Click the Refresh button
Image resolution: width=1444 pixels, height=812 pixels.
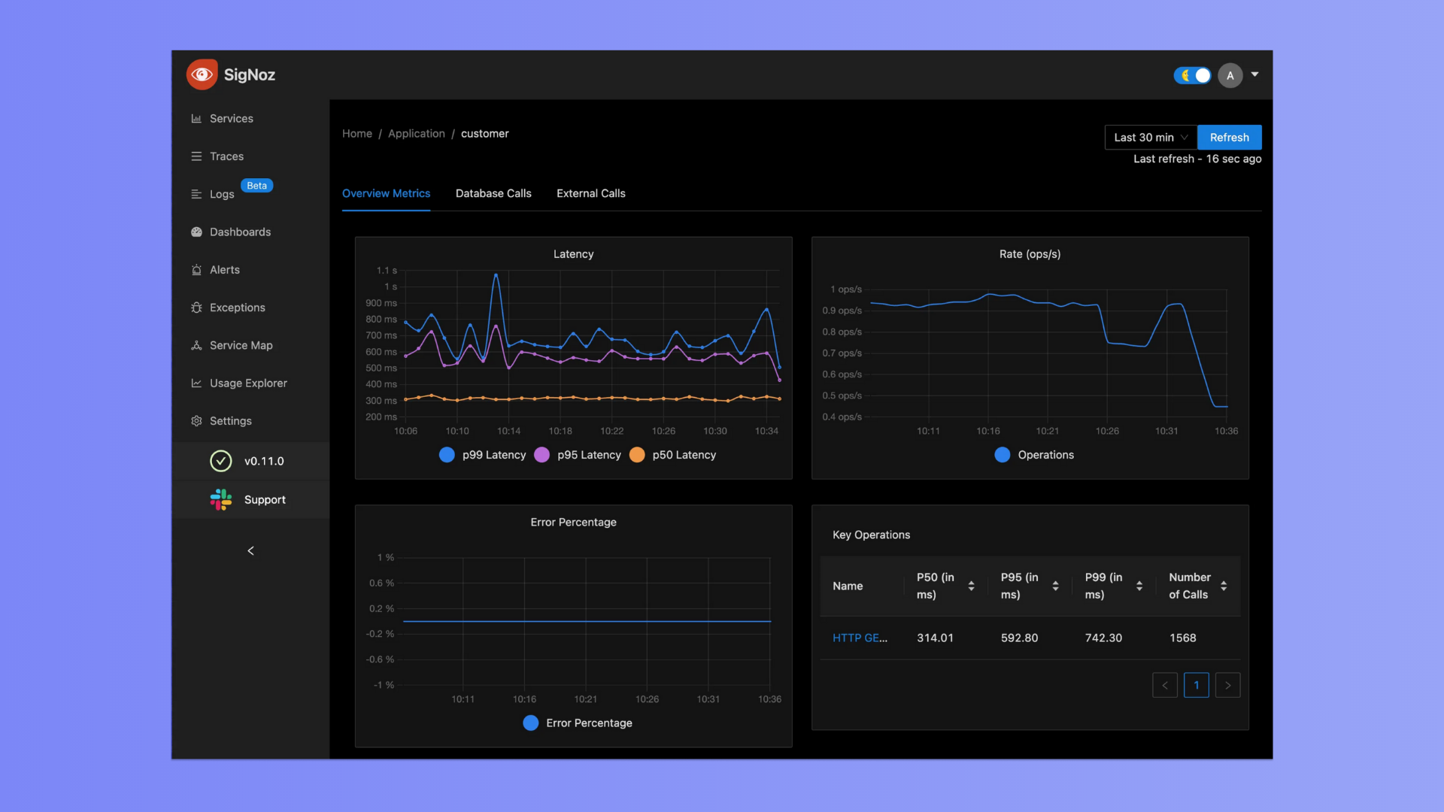[x=1229, y=138]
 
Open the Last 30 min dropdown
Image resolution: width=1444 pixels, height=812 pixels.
[x=1150, y=138]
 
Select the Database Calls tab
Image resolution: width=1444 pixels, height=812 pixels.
[x=493, y=193]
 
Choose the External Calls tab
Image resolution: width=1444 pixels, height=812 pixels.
[x=590, y=193]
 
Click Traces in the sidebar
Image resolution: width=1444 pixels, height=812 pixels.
[x=226, y=156]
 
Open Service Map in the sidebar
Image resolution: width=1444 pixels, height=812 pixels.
[x=241, y=345]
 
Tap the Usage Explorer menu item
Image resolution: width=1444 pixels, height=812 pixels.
[x=248, y=383]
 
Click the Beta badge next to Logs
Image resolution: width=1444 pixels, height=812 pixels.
[x=256, y=186]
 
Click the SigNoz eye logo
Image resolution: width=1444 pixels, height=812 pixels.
[x=202, y=74]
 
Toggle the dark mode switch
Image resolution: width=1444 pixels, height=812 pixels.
[x=1192, y=75]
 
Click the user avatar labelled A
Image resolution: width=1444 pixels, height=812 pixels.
[x=1230, y=75]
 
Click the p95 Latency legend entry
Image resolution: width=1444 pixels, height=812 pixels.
[x=578, y=455]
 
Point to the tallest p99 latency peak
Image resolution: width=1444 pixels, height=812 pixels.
[x=496, y=275]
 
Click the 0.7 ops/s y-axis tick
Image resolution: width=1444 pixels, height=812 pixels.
[x=842, y=353]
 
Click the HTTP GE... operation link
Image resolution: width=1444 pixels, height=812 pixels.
[x=860, y=638]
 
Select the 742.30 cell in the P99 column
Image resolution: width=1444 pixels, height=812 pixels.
[x=1103, y=638]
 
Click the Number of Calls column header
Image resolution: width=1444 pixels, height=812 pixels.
[x=1190, y=586]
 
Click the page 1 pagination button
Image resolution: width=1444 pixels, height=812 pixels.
[x=1196, y=685]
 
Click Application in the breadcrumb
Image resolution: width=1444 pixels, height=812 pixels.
[x=416, y=134]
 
